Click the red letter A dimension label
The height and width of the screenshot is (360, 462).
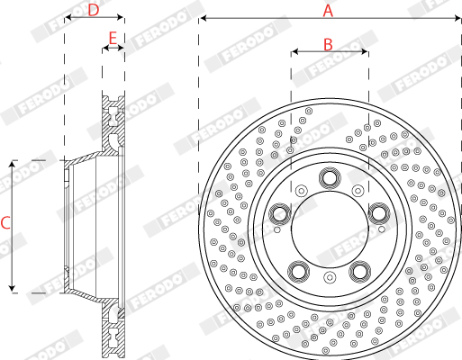pyautogui.click(x=328, y=11)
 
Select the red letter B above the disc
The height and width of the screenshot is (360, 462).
pyautogui.click(x=328, y=44)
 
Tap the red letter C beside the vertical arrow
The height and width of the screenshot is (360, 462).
pyautogui.click(x=5, y=223)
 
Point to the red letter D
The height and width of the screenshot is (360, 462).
pyautogui.click(x=94, y=10)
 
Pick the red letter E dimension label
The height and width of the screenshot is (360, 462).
pyautogui.click(x=113, y=39)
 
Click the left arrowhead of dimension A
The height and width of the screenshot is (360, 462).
pyautogui.click(x=204, y=18)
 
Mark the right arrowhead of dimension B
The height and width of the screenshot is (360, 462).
pyautogui.click(x=365, y=51)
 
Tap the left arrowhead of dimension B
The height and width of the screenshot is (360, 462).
pyautogui.click(x=294, y=51)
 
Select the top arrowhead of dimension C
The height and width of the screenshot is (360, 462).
pyautogui.click(x=12, y=165)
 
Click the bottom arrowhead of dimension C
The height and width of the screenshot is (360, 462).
pyautogui.click(x=12, y=288)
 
